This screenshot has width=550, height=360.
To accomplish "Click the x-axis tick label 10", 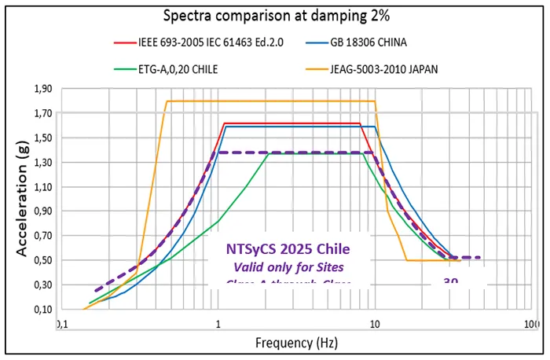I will point(374,324).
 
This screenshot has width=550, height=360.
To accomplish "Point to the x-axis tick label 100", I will point(531,324).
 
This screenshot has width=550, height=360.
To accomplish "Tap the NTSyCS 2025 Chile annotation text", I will point(288,249).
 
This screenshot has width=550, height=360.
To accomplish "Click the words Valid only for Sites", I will point(288,267).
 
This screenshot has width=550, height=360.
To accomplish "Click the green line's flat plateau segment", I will point(314,154).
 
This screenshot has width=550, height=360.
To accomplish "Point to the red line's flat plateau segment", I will point(291,123).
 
